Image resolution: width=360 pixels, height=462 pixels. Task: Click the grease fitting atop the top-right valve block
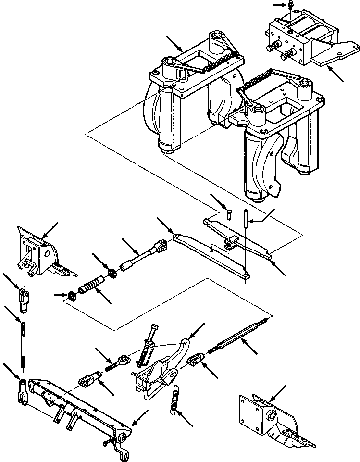point(291,5)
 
